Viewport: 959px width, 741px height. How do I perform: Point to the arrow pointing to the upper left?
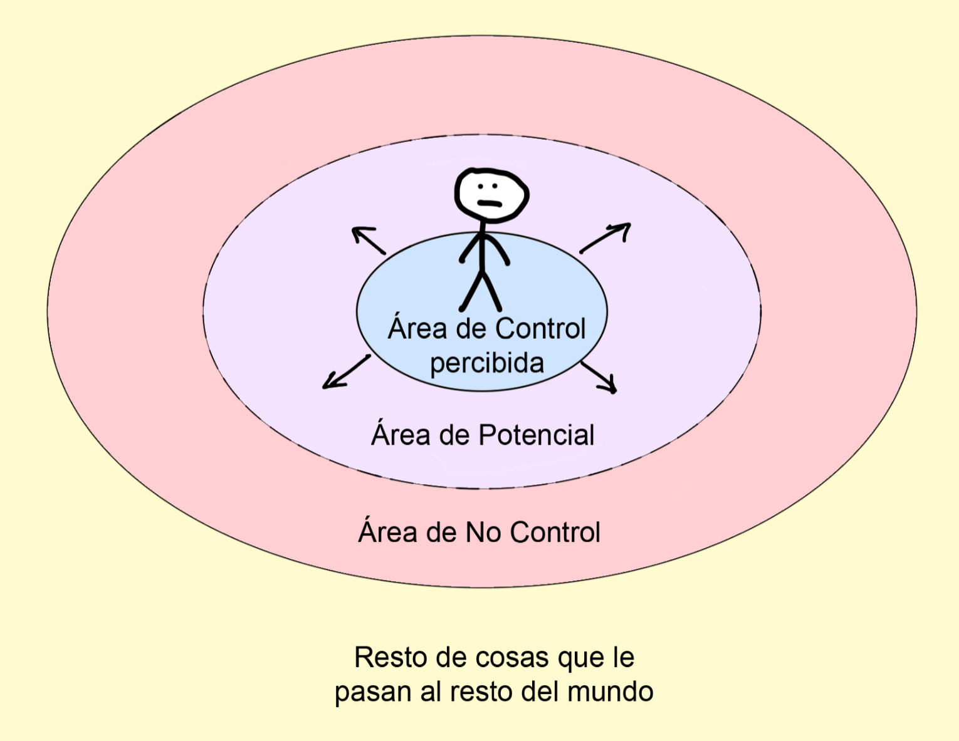[368, 240]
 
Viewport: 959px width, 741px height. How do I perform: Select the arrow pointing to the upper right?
[605, 237]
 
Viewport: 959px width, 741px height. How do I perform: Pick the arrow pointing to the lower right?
[599, 377]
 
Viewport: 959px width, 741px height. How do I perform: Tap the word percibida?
[486, 363]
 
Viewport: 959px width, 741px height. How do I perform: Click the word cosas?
[513, 658]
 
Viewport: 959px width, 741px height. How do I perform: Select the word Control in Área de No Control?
[555, 532]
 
